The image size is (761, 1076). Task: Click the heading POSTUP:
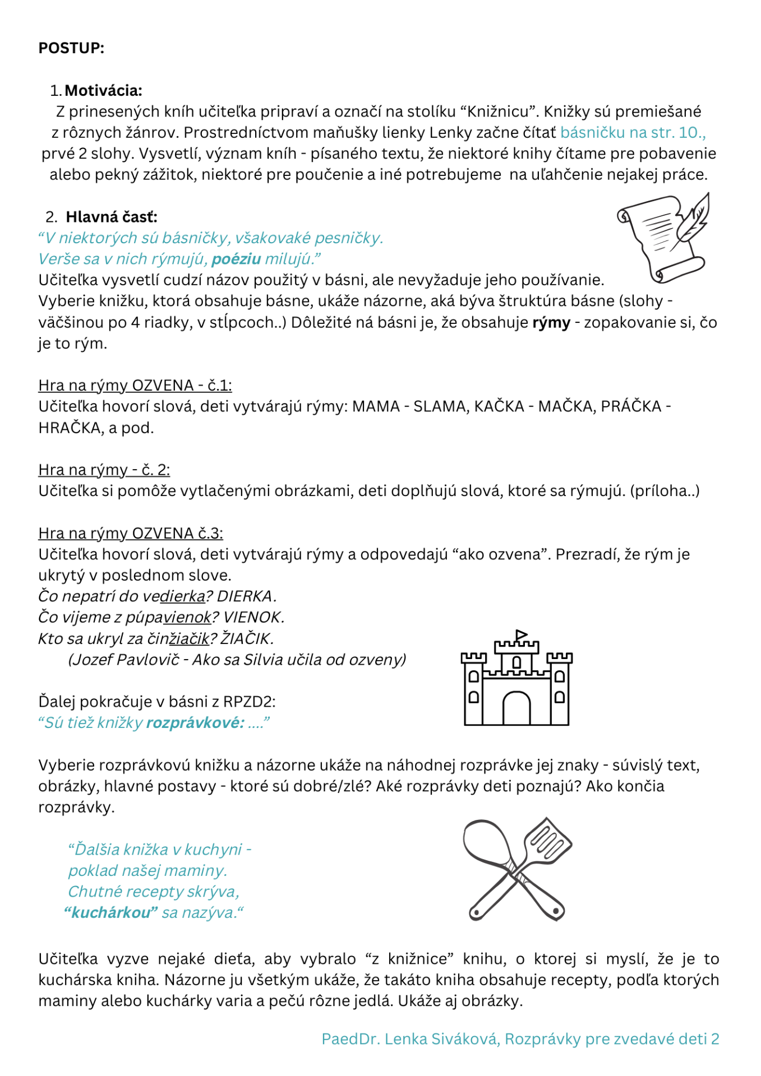(x=71, y=48)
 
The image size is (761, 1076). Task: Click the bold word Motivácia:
(x=103, y=90)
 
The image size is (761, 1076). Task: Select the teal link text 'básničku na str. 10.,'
(x=632, y=132)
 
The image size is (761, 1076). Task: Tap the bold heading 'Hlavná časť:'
(x=112, y=217)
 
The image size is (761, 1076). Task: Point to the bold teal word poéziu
(x=236, y=259)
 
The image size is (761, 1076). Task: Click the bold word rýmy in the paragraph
(x=551, y=322)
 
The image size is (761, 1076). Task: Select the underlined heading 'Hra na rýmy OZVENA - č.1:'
(x=135, y=386)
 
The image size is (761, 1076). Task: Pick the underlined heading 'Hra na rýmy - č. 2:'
(x=104, y=470)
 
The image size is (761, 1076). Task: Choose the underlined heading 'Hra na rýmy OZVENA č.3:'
(x=131, y=533)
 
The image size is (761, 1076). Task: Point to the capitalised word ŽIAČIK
(x=247, y=638)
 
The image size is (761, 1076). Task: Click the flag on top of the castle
(x=521, y=636)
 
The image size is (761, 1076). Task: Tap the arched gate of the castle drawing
(x=516, y=708)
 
